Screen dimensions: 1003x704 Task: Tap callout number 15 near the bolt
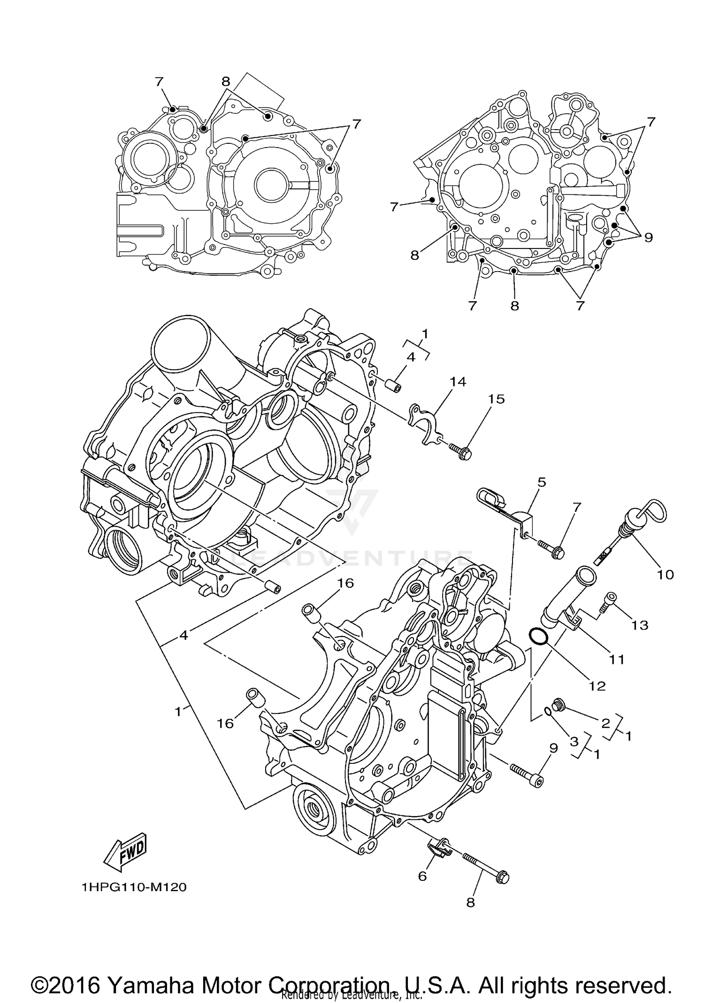(496, 399)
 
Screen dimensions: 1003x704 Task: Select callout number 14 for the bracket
(458, 381)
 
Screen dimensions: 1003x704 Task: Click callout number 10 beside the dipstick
(665, 574)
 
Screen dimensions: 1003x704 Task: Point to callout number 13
(640, 625)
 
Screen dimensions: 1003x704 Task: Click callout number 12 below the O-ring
(597, 686)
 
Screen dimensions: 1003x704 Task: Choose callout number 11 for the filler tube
(617, 660)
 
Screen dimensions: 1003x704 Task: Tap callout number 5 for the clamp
(542, 482)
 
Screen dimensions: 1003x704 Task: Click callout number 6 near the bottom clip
(422, 876)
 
